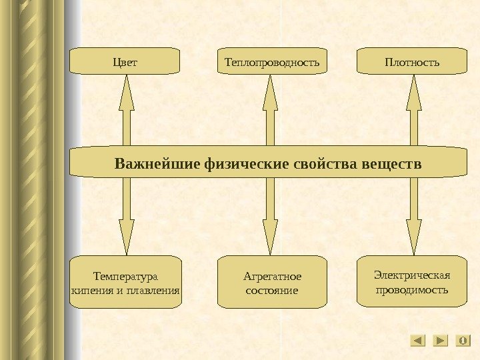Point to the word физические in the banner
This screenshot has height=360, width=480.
[x=247, y=163]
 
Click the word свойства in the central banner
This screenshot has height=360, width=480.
[x=326, y=163]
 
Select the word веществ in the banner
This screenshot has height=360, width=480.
[x=393, y=163]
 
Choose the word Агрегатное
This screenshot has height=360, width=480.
[x=273, y=276]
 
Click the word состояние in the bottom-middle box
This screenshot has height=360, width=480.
[x=272, y=291]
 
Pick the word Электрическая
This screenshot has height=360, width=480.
[x=412, y=275]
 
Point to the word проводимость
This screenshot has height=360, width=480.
[x=412, y=290]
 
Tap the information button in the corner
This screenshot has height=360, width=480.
[x=463, y=341]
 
